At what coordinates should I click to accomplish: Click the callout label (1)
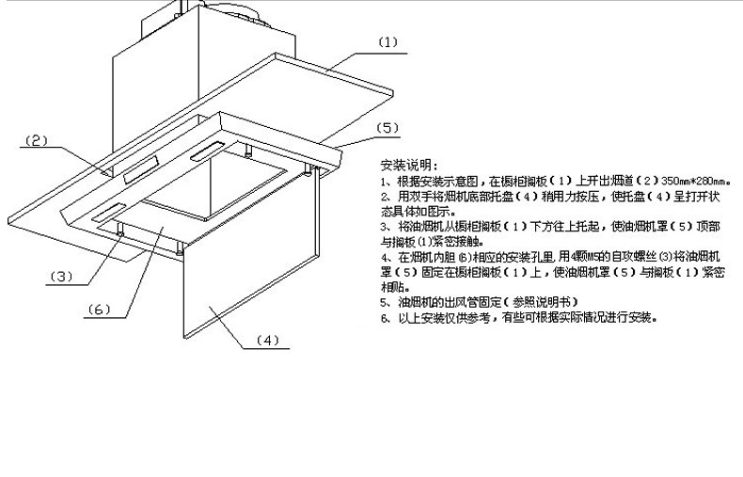tap(388, 43)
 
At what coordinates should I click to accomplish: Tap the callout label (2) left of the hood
tap(36, 141)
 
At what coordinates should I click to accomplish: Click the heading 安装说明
tap(403, 164)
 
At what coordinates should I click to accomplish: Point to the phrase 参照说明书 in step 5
tap(545, 302)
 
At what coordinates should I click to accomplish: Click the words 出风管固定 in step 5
tap(473, 302)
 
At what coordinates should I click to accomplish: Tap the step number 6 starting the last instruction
tap(384, 318)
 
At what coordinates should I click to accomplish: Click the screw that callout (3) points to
tap(121, 231)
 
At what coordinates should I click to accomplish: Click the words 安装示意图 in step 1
tap(451, 180)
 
